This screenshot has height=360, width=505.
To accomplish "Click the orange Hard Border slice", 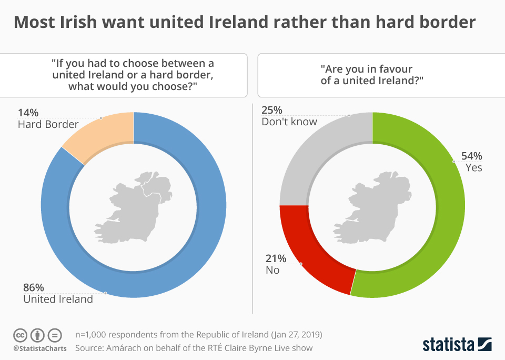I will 103,135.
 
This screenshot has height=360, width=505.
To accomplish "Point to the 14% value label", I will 28,113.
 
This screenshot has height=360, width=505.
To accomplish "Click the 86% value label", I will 34,287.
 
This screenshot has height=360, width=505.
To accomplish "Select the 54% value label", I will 471,156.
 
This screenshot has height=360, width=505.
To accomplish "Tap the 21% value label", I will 276,258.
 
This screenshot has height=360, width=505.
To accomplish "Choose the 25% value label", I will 272,110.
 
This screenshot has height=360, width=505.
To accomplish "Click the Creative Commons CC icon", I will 20,335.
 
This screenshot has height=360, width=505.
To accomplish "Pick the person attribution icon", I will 37,335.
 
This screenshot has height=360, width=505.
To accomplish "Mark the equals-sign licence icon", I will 55,335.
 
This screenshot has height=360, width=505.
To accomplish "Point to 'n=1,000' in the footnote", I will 93,335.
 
